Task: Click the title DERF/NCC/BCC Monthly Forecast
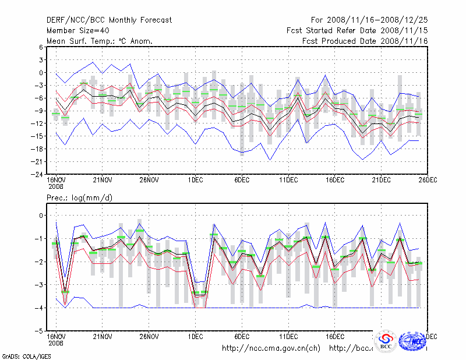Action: click(109, 20)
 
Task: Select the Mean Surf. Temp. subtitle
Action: click(100, 41)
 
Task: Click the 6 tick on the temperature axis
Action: click(41, 47)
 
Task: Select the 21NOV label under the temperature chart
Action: click(103, 180)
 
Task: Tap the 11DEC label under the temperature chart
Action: click(289, 180)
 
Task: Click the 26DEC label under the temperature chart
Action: click(428, 180)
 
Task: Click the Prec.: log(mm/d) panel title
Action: click(79, 198)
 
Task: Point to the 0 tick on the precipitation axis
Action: click(41, 216)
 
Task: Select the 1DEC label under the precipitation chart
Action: click(196, 337)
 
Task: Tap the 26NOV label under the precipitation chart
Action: click(149, 337)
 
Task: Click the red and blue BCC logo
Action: click(386, 341)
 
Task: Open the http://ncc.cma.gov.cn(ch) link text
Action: click(271, 348)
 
